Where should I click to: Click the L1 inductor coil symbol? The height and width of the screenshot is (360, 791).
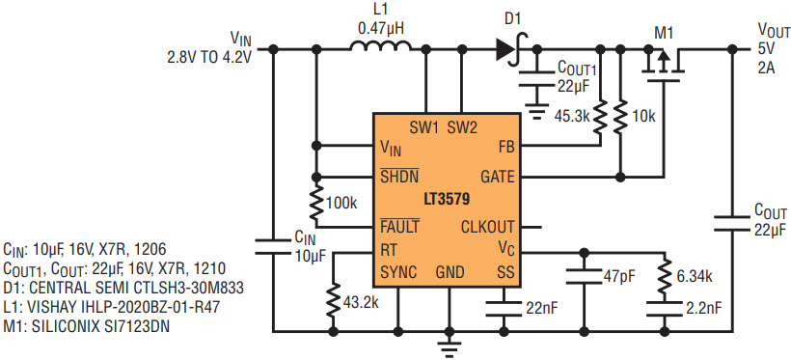pyautogui.click(x=381, y=46)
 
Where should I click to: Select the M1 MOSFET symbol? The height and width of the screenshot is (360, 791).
pyautogui.click(x=663, y=62)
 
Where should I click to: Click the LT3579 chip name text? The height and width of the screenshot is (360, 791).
pyautogui.click(x=447, y=199)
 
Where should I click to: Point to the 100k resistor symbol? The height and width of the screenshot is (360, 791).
pyautogui.click(x=316, y=202)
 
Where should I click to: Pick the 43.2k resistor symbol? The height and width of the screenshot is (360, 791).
pyautogui.click(x=333, y=301)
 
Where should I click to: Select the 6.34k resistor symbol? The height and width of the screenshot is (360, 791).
pyautogui.click(x=665, y=276)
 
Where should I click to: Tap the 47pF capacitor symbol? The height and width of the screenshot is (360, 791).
pyautogui.click(x=585, y=277)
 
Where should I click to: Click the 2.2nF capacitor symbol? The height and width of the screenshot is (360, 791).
pyautogui.click(x=665, y=308)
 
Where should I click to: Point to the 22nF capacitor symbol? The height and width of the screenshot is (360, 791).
pyautogui.click(x=503, y=308)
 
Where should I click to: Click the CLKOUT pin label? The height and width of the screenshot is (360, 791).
pyautogui.click(x=488, y=227)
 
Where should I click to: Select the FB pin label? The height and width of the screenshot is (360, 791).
pyautogui.click(x=506, y=147)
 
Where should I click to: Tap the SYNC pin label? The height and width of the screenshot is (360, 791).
pyautogui.click(x=398, y=273)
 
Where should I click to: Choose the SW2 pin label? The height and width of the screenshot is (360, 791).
pyautogui.click(x=462, y=128)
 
